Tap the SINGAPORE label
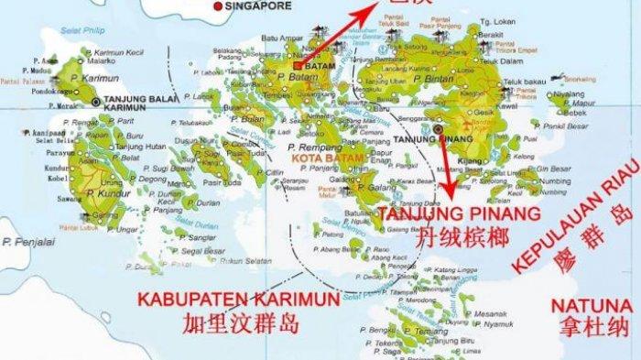tap(259, 5)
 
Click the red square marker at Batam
tap(299, 66)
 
